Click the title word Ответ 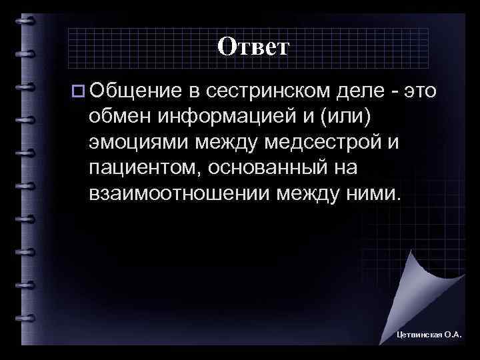pyautogui.click(x=253, y=47)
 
